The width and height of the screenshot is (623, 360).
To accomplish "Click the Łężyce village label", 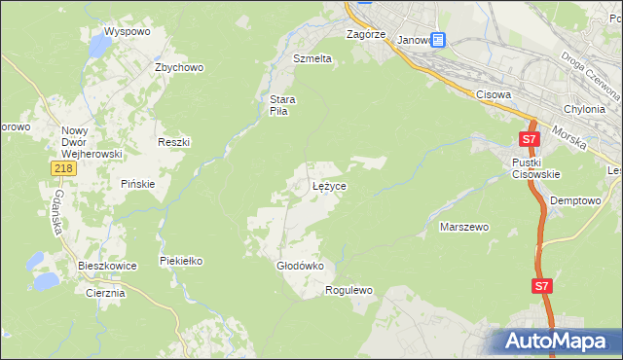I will click(329, 185).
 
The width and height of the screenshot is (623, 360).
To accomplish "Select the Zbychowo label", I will click(178, 67).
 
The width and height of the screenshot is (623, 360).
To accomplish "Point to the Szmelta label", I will click(312, 58).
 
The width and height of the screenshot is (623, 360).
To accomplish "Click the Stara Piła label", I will click(282, 105).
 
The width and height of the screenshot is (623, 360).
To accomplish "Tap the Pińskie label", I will click(138, 184).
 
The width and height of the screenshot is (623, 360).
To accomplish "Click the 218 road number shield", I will click(63, 169).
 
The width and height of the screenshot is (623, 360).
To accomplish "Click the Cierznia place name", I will click(105, 293).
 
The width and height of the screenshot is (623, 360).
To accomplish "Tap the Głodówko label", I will click(300, 265).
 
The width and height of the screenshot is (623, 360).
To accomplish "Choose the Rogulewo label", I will click(349, 290).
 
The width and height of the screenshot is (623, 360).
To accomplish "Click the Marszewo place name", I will click(464, 227).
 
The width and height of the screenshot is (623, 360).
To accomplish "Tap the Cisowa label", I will click(495, 94).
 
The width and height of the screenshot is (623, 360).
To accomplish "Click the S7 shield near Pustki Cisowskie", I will click(529, 140).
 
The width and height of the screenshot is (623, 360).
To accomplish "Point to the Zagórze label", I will click(367, 34).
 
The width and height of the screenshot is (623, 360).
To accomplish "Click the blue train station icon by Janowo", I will click(437, 40).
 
